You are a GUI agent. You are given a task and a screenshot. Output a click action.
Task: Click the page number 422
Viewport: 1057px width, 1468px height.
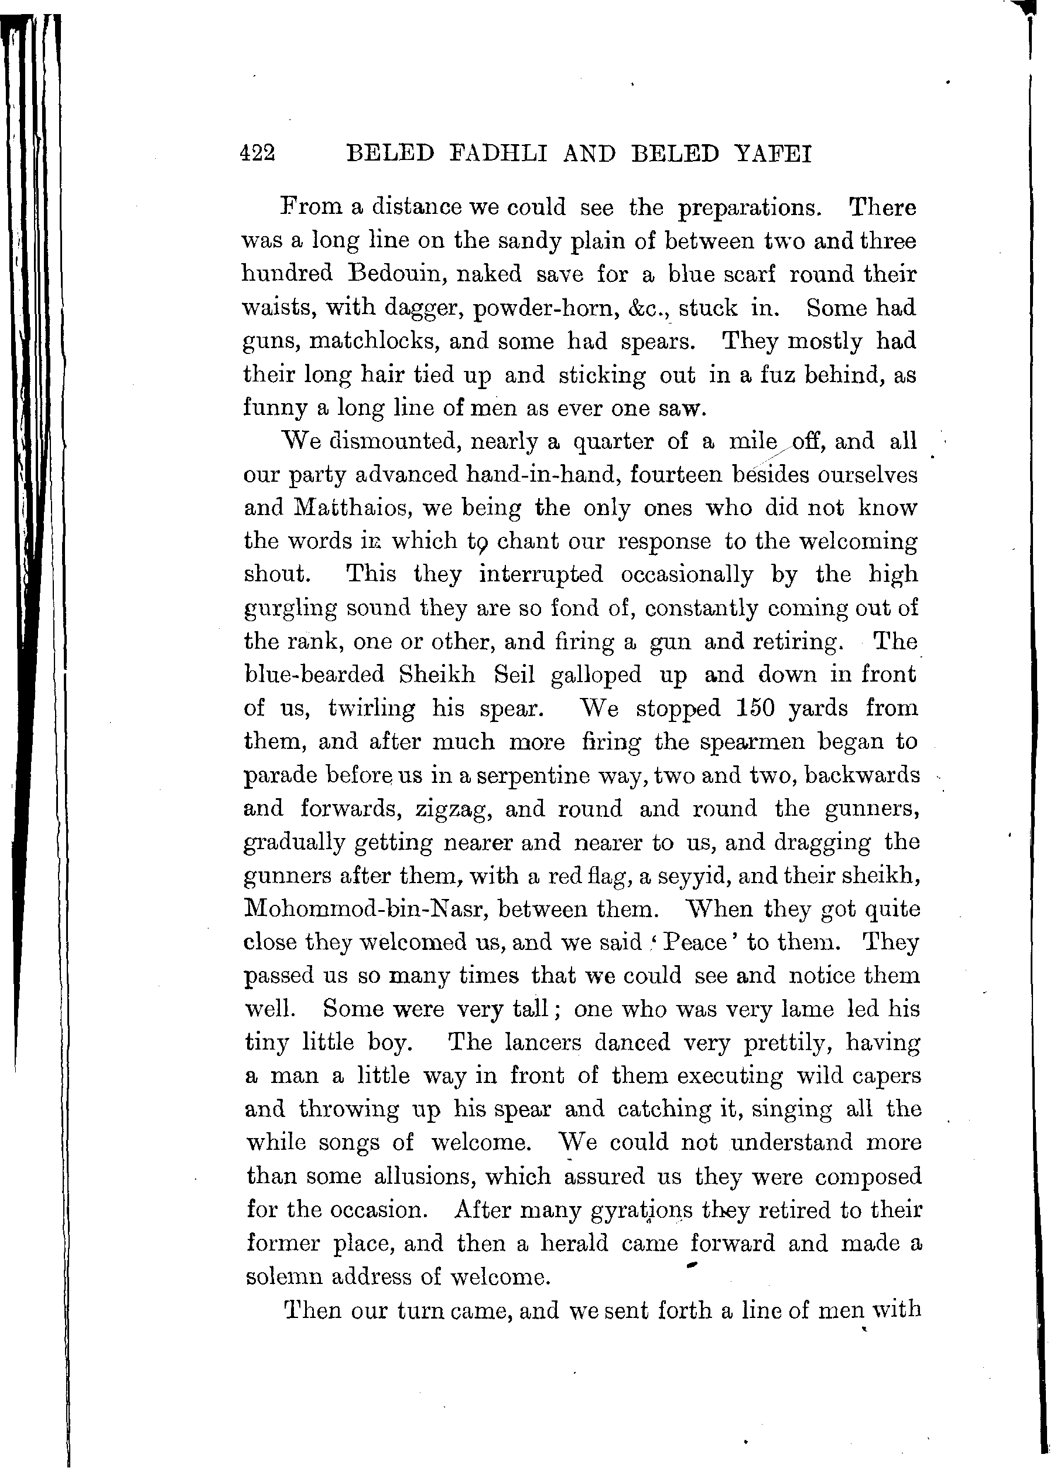(x=258, y=154)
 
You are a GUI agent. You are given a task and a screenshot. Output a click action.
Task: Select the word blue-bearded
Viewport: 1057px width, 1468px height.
(x=314, y=675)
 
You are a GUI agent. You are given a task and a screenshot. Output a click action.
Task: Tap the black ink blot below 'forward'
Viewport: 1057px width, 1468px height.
(x=692, y=1263)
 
